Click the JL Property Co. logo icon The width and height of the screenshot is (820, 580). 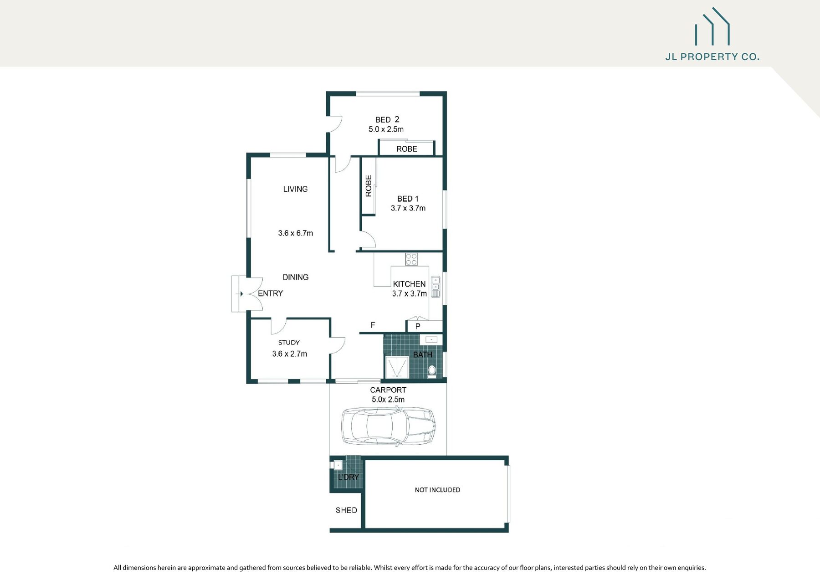pos(712,27)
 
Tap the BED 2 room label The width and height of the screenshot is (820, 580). pos(387,119)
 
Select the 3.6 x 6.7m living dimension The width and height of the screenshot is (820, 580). pos(295,233)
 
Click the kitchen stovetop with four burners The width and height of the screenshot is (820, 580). pos(411,259)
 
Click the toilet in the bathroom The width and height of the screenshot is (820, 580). pos(432,370)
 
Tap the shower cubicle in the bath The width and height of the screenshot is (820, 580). pos(397,367)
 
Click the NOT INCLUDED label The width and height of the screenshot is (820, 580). pos(437,490)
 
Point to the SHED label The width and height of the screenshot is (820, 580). pos(346,510)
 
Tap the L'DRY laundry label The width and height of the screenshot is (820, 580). pos(348,477)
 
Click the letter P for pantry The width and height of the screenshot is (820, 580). pos(418,326)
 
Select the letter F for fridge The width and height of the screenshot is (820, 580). pos(373,325)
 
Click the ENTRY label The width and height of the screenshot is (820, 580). pos(270,293)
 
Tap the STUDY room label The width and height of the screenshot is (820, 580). pos(289,343)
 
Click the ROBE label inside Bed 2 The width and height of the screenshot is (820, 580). pos(406,149)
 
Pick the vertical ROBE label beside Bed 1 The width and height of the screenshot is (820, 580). pos(369,186)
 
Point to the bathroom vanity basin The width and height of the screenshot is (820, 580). pos(431,339)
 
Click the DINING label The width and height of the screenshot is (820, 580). pos(295,277)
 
